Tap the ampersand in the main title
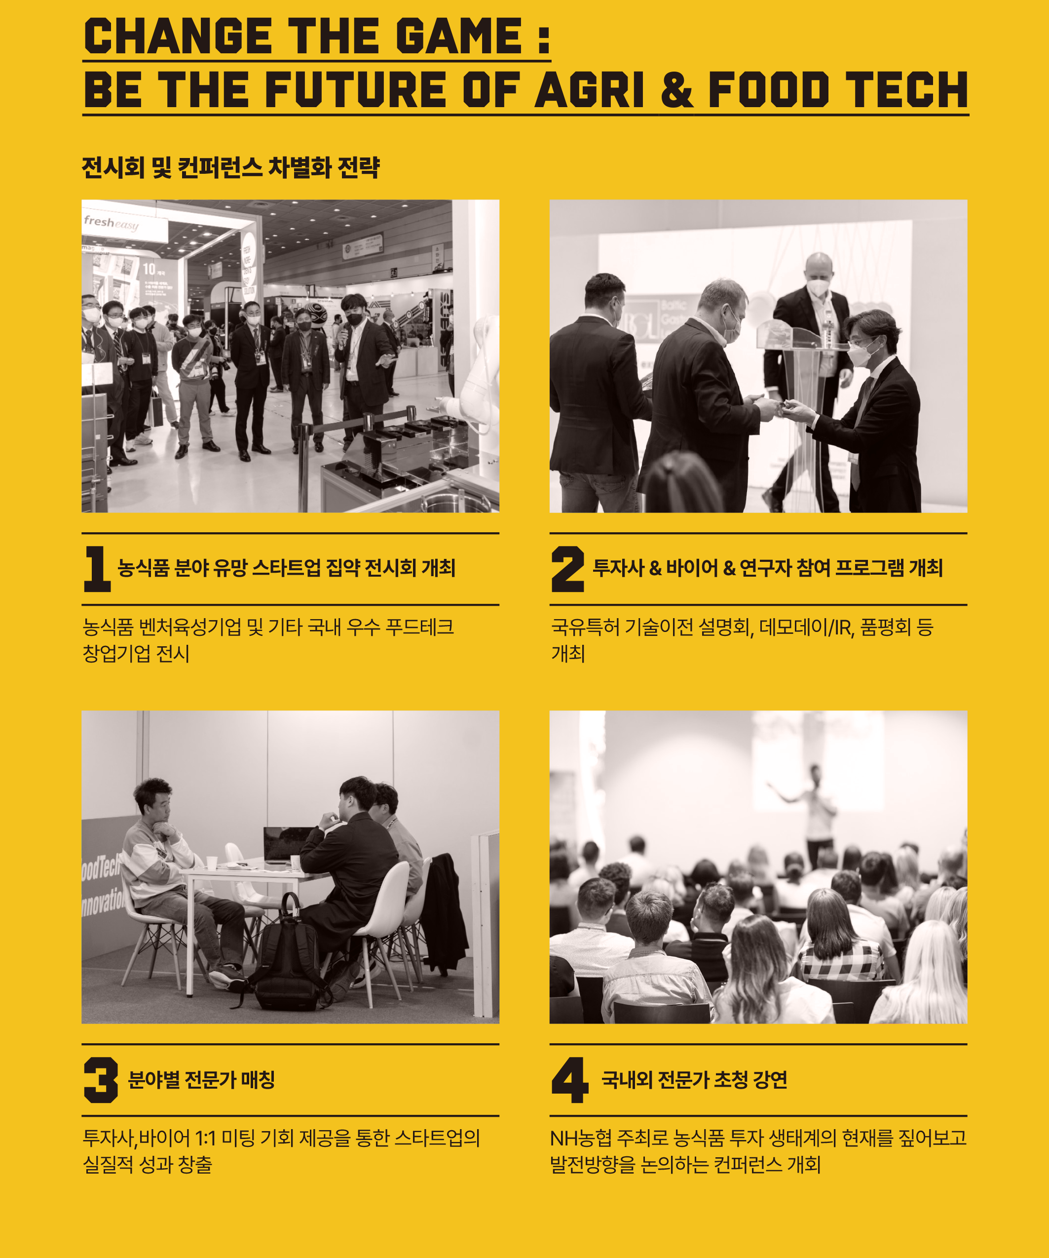point(676,89)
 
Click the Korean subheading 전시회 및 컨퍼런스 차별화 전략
point(230,167)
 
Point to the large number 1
point(97,568)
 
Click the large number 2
point(567,568)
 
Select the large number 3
point(101,1079)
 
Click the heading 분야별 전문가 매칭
point(202,1079)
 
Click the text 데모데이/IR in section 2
point(805,627)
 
